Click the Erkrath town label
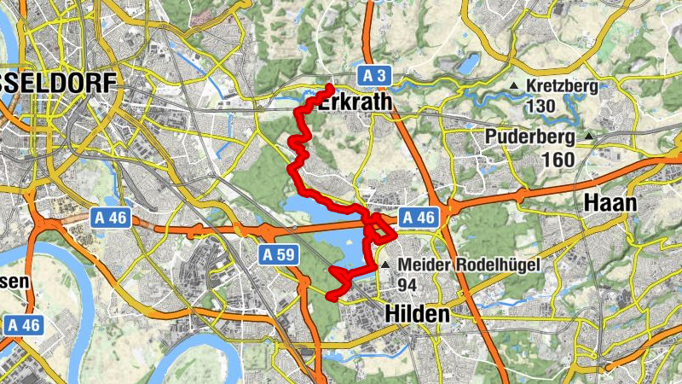coord(355,102)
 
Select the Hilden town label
coord(418,314)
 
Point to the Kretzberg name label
coord(562,86)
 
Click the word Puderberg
coord(531,137)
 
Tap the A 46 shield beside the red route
coord(419,218)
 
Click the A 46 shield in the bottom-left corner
coord(23,324)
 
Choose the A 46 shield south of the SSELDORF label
coord(110,218)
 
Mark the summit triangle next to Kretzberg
coord(514,87)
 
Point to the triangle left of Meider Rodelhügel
coord(385,265)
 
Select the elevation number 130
coord(541,107)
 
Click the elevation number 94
coord(407,284)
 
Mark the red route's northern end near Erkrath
coord(330,88)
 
